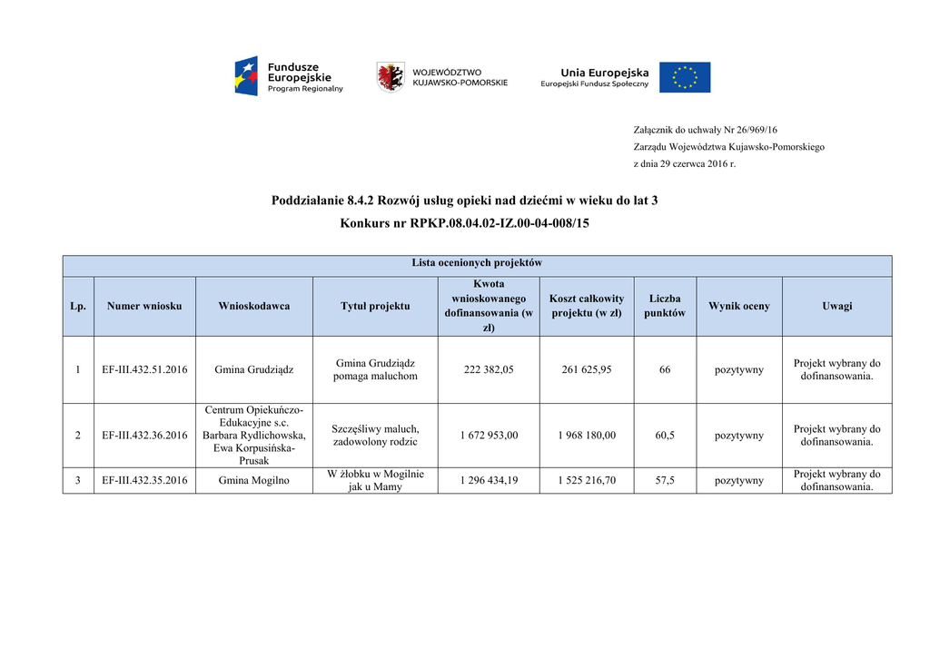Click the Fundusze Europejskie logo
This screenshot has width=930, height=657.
click(x=289, y=77)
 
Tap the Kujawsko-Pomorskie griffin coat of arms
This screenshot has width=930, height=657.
click(x=391, y=77)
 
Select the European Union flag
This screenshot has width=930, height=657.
click(x=685, y=77)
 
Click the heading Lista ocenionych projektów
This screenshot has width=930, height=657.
click(x=477, y=263)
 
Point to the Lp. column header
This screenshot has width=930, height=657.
click(x=78, y=306)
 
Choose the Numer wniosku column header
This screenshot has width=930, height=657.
click(x=144, y=306)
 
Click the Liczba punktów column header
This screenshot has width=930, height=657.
click(x=665, y=306)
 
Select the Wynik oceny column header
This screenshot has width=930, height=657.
click(x=738, y=306)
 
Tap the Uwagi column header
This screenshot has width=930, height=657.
click(x=836, y=306)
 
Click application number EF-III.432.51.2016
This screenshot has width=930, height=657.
click(x=144, y=370)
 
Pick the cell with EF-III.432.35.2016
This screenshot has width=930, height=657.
click(x=144, y=481)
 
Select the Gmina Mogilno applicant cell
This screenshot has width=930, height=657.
click(x=254, y=481)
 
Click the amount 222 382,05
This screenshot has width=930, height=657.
click(x=489, y=370)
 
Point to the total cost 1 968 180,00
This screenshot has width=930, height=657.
click(x=587, y=436)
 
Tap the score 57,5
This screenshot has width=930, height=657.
click(x=665, y=481)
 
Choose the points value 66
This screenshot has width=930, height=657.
click(x=665, y=370)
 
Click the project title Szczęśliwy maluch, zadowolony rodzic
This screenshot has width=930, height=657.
click(x=375, y=436)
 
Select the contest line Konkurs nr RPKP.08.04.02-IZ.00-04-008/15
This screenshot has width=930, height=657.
click(x=464, y=223)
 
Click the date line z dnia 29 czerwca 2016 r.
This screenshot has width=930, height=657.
click(x=684, y=164)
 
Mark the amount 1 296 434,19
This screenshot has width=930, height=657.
click(x=489, y=481)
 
